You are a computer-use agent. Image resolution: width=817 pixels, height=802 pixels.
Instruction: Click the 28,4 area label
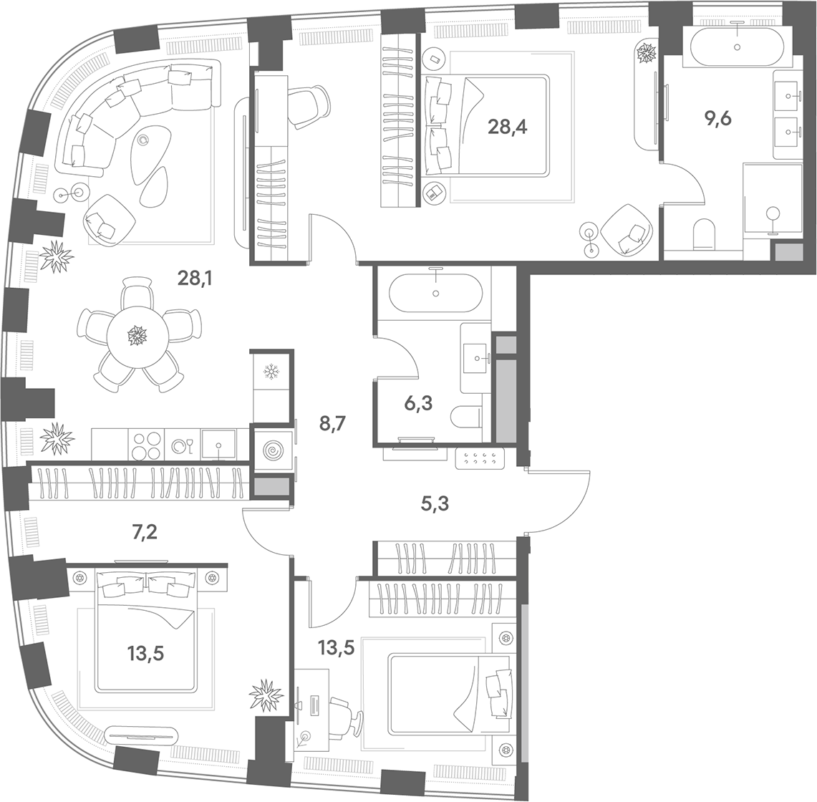507,127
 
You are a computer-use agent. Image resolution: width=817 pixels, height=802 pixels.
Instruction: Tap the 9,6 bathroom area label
718,120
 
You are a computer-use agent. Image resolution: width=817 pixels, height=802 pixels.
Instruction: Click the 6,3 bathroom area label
418,403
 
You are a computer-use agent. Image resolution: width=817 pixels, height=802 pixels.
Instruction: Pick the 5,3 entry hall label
435,503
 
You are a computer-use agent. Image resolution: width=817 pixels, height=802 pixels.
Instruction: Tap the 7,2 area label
145,533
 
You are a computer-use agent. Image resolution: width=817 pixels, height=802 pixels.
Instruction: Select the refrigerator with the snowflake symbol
271,372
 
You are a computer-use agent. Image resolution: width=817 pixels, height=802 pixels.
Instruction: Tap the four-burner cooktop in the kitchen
146,445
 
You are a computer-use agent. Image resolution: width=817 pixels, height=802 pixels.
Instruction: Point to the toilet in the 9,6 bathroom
705,233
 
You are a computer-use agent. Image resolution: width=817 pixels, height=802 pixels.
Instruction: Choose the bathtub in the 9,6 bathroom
737,46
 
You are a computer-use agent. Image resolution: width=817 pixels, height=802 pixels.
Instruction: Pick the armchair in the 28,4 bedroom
628,230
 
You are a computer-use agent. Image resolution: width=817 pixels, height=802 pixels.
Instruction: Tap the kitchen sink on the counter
218,445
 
